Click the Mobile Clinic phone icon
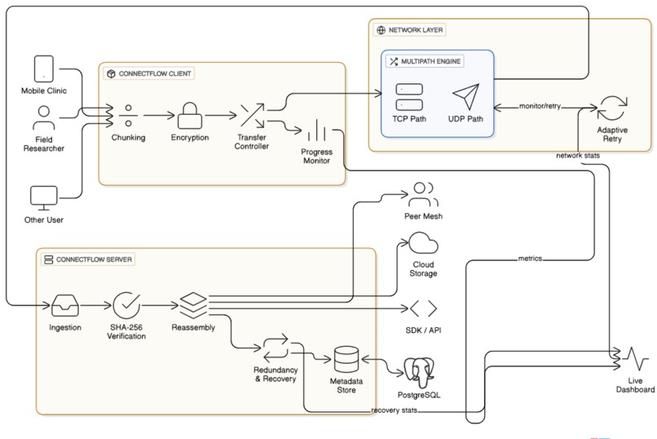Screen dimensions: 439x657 click(x=43, y=67)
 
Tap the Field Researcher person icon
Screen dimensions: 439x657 click(x=43, y=116)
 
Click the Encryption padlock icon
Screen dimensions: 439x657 click(x=189, y=114)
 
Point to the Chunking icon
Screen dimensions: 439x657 click(x=127, y=114)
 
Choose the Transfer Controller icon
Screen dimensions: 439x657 click(x=251, y=116)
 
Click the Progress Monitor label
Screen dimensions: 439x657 click(x=315, y=157)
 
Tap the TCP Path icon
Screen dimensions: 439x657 click(x=408, y=96)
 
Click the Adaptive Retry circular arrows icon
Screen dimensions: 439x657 click(x=612, y=107)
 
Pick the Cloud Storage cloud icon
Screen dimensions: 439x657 click(x=422, y=243)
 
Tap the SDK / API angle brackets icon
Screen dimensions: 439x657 click(x=422, y=308)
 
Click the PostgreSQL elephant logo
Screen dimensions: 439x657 click(x=422, y=372)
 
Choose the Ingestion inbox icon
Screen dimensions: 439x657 click(x=64, y=306)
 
